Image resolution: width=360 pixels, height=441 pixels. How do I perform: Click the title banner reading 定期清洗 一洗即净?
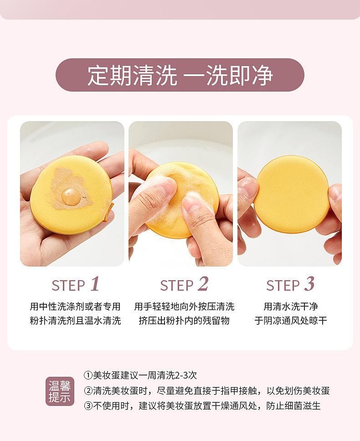[180, 75]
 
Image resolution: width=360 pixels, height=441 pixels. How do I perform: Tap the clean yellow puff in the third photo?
[291, 194]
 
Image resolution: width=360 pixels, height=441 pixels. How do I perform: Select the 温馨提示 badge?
[60, 391]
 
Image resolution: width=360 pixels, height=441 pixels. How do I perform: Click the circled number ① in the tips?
[88, 375]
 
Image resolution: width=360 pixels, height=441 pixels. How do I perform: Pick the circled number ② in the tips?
[88, 390]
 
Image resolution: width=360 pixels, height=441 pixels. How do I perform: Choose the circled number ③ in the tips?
[88, 406]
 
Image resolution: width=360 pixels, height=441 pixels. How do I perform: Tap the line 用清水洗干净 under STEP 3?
[291, 306]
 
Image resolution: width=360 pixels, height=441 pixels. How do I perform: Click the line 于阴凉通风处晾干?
[291, 320]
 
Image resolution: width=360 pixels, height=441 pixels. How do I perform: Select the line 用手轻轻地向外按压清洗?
[184, 306]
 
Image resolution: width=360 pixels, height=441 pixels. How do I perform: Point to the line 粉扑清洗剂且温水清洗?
[75, 320]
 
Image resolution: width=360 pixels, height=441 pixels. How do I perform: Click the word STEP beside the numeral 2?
[177, 286]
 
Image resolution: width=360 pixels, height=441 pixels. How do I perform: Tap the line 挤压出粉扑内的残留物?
[184, 320]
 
